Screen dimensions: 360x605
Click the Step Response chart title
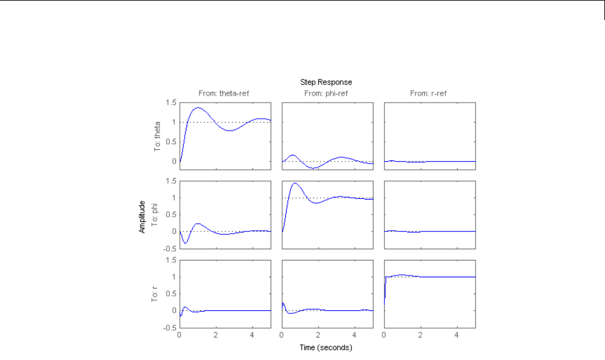(x=327, y=81)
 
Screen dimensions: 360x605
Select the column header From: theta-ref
(x=225, y=93)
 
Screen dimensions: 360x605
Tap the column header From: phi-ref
(x=327, y=93)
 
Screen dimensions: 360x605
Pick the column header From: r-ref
(x=430, y=93)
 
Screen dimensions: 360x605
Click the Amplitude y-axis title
(x=142, y=217)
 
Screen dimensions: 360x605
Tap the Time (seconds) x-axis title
(x=327, y=346)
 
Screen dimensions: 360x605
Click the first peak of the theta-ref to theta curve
(x=198, y=108)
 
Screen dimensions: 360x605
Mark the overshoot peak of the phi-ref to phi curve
(x=295, y=183)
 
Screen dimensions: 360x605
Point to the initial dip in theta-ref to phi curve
(x=185, y=243)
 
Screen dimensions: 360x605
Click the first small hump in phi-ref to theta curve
(x=293, y=155)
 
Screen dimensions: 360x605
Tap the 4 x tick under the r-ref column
(x=457, y=335)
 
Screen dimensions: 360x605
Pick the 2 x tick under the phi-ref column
(x=318, y=335)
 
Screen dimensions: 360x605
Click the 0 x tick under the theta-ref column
(x=179, y=335)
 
